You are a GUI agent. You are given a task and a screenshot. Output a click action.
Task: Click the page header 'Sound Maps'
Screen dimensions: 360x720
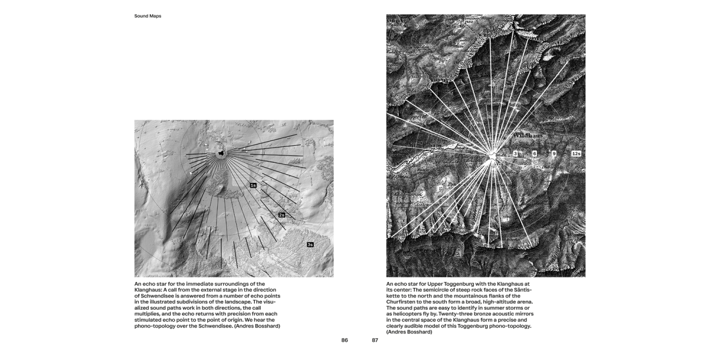148,16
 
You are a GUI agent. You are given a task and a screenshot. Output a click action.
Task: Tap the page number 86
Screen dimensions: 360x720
344,340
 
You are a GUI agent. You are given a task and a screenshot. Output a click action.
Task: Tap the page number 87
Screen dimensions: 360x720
375,340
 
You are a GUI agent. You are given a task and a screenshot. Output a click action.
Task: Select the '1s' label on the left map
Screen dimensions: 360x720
253,185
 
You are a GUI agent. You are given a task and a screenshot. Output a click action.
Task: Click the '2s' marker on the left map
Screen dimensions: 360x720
282,215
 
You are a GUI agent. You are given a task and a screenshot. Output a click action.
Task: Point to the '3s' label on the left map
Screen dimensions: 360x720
310,245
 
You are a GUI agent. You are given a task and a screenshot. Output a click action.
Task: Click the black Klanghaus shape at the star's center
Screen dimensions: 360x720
221,153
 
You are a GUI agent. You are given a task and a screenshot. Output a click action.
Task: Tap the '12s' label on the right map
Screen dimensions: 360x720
576,154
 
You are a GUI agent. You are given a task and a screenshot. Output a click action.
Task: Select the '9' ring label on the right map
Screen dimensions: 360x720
554,154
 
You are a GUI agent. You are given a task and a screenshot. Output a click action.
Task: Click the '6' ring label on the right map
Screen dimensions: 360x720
534,154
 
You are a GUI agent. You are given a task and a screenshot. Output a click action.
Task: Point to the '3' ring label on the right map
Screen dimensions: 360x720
515,154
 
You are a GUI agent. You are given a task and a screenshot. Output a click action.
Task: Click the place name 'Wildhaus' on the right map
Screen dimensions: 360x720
528,136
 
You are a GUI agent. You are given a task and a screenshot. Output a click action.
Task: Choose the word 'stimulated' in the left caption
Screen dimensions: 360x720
151,320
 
